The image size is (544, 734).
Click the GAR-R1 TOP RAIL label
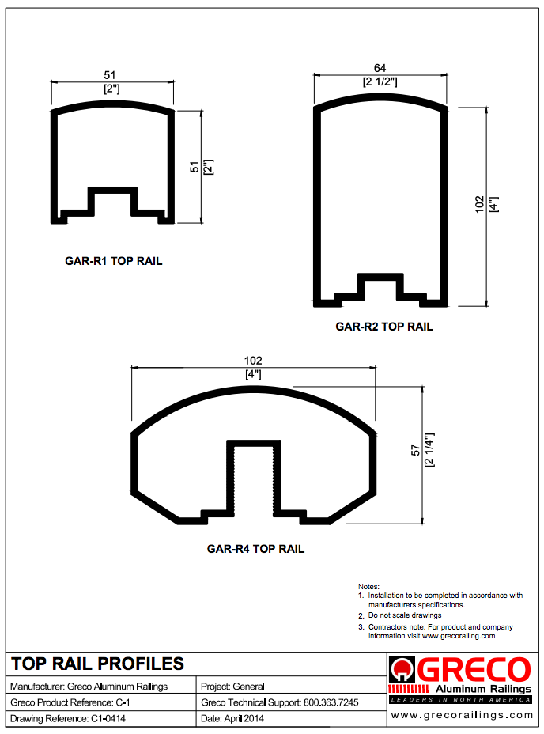(x=113, y=261)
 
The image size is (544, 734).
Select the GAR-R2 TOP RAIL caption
(x=384, y=327)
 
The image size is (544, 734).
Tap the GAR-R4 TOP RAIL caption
(x=255, y=549)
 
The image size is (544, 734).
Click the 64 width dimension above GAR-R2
(x=380, y=68)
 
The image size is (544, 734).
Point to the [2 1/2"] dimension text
(x=380, y=82)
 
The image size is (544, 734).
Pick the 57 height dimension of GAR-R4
(x=415, y=450)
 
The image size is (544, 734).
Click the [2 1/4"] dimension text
(x=429, y=450)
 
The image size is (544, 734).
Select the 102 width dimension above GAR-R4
(x=253, y=361)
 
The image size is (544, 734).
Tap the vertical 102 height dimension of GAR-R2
(x=479, y=205)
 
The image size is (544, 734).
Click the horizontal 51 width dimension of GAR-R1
(x=110, y=75)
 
